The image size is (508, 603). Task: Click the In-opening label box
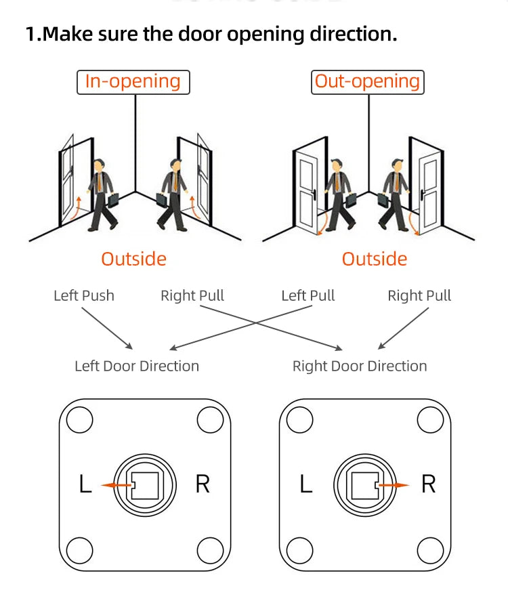133,82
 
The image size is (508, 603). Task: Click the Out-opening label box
368,82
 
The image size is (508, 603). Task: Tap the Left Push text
84,295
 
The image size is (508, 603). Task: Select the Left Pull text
308,295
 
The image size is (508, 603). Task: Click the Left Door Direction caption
137,366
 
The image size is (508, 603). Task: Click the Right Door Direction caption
360,366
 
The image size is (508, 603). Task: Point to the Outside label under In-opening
133,259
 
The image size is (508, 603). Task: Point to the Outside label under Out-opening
375,259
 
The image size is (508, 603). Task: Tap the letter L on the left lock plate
85,485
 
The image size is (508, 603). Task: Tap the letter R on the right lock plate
428,485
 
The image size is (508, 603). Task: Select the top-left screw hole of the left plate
79,421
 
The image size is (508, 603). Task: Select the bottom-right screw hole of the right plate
429,549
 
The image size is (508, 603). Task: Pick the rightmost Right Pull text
419,295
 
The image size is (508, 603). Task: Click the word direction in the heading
349,34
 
